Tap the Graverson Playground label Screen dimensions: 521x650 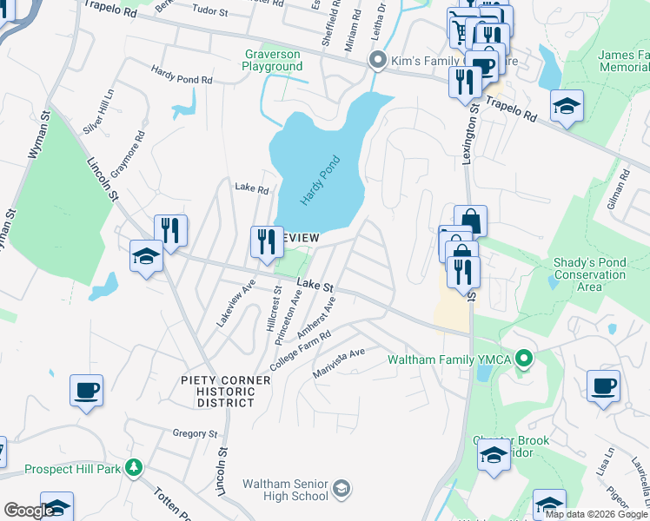pos(272,60)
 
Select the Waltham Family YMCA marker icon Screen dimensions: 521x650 pos(523,358)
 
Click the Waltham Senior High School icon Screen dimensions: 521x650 pos(342,489)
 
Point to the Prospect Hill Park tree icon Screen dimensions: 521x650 pos(133,469)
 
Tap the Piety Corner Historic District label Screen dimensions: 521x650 pos(218,391)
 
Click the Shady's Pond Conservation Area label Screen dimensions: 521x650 pos(589,274)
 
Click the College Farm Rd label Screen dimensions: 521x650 pos(301,351)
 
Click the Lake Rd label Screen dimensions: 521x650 pos(252,188)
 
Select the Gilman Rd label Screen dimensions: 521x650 pos(623,188)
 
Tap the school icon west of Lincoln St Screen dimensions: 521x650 pos(146,256)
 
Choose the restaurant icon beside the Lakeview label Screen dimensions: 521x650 pos(266,241)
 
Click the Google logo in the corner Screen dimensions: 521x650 pos(30,511)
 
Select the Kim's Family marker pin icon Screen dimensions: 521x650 pos(377,60)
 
